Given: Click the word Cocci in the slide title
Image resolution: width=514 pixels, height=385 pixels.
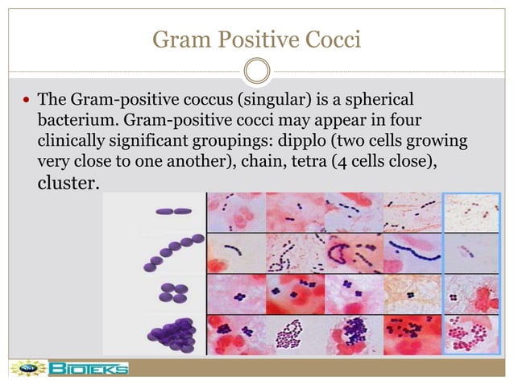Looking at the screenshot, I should click(x=333, y=37).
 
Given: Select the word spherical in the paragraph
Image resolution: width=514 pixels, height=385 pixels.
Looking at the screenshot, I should click(x=377, y=100).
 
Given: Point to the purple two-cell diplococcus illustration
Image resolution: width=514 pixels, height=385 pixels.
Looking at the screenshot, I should click(x=175, y=212).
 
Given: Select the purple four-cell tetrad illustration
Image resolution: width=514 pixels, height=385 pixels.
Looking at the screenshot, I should click(x=172, y=292).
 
